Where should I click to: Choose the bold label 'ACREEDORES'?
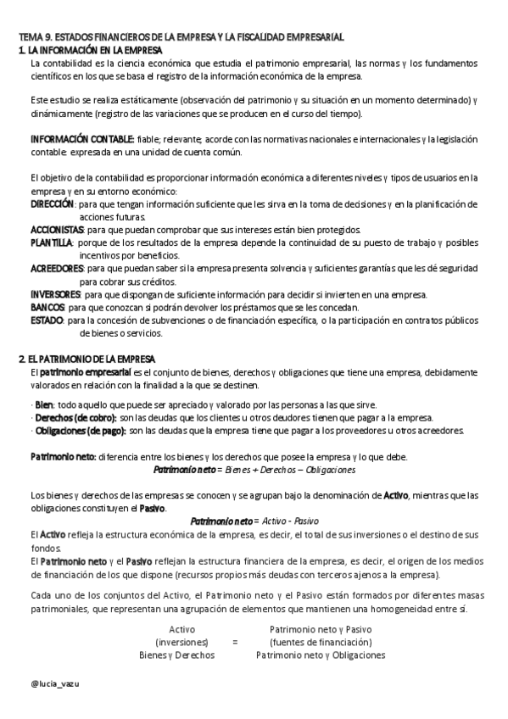click(56, 268)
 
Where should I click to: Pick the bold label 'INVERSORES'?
click(55, 294)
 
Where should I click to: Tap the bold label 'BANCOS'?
click(47, 307)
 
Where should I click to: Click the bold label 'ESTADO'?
click(47, 320)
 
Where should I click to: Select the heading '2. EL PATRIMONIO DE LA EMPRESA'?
click(93, 359)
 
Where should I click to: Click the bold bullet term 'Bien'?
click(43, 404)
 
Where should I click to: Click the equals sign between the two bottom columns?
click(234, 643)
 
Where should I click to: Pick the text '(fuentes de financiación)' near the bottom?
click(320, 643)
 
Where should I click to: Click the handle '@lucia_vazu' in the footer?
click(53, 682)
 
